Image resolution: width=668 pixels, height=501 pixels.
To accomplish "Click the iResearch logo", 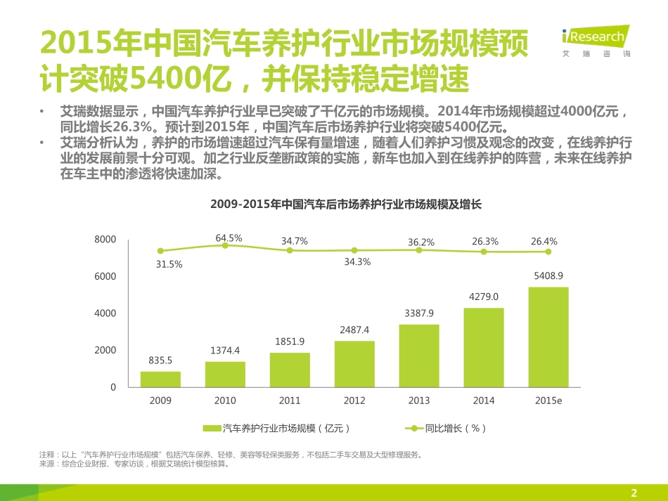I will click(x=596, y=40).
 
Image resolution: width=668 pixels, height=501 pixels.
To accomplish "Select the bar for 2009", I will click(x=160, y=379).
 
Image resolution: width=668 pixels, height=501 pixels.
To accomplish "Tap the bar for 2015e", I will click(x=548, y=337).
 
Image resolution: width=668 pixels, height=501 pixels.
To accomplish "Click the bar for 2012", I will click(x=354, y=364).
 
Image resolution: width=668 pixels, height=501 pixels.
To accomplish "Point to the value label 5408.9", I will click(x=548, y=276).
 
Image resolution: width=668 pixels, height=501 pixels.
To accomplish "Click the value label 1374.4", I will click(x=225, y=350).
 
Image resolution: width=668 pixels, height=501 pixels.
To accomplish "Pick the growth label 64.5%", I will click(x=229, y=238).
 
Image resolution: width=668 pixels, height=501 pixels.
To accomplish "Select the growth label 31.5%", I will click(x=169, y=264).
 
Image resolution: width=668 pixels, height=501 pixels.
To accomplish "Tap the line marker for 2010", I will click(x=225, y=245).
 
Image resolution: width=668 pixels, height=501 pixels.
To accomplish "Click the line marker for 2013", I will click(x=419, y=250).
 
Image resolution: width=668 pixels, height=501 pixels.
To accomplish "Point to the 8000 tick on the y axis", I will click(x=105, y=240).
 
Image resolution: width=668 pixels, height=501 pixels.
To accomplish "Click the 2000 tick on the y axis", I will click(x=105, y=350).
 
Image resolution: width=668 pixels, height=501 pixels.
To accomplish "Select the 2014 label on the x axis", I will click(x=484, y=401).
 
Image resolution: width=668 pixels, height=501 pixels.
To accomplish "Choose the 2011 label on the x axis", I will click(x=290, y=401).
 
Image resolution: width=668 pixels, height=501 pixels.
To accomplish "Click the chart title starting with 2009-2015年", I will click(x=345, y=204).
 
